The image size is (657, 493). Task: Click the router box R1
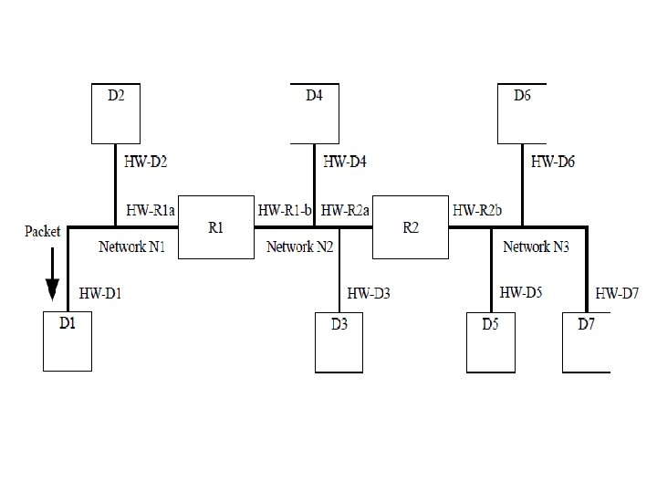[x=215, y=227]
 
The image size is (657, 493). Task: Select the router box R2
[x=411, y=227]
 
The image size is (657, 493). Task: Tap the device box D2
[x=116, y=113]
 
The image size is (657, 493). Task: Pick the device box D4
[x=314, y=113]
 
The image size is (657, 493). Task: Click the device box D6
[x=522, y=113]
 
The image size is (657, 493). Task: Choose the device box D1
[x=68, y=341]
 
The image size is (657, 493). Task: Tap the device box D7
[x=586, y=342]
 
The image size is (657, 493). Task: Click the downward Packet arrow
[x=53, y=278]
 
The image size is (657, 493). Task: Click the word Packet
[x=42, y=231]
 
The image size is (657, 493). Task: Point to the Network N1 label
[x=132, y=246]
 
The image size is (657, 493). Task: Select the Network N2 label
[x=300, y=246]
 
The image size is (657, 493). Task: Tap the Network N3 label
[x=537, y=246]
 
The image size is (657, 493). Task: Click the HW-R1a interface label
[x=151, y=211]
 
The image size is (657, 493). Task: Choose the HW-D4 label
[x=345, y=163]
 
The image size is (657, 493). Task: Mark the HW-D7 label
[x=618, y=294]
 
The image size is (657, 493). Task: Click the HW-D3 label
[x=370, y=294]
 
